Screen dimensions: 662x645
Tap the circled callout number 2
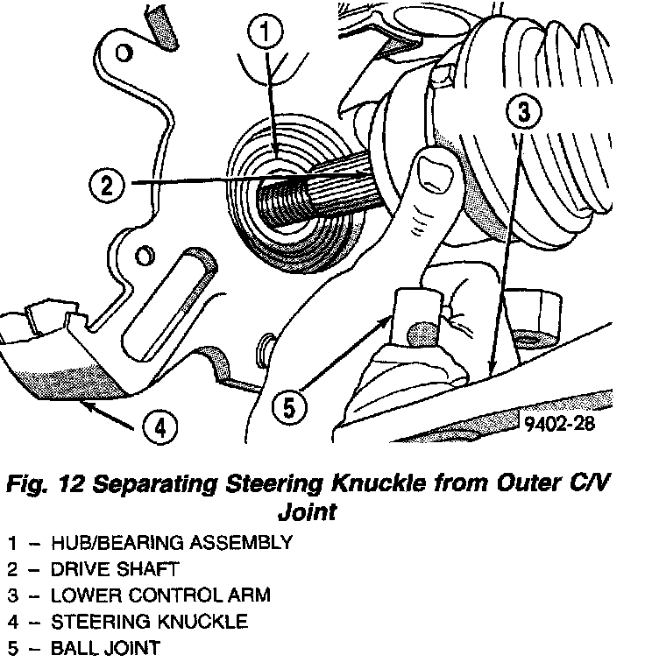[x=107, y=184]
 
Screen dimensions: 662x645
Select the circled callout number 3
[x=523, y=112]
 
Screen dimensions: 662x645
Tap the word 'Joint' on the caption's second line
[x=307, y=511]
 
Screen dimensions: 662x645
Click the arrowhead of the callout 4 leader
[x=81, y=404]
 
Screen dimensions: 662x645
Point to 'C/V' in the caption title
[x=606, y=483]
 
